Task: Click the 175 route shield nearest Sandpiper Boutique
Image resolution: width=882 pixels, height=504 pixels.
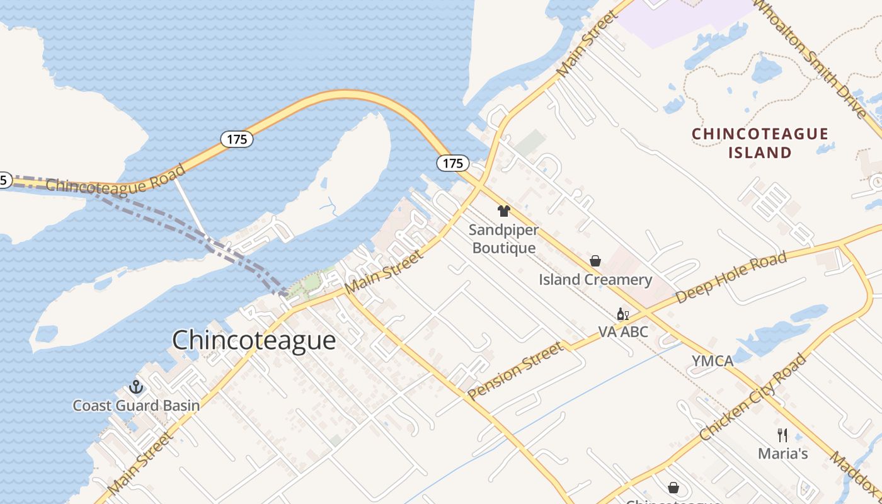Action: coord(452,163)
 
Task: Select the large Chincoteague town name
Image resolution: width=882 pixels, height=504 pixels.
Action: coord(254,340)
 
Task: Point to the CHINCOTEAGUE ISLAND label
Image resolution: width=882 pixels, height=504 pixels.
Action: coord(760,143)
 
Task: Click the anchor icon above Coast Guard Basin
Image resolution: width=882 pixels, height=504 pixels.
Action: coord(136,386)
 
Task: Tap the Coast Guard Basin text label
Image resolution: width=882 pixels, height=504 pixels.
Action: coord(136,406)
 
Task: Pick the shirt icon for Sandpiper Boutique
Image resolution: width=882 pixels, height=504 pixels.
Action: coord(503,211)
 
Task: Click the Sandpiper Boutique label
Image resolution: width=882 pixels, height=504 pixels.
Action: coord(503,239)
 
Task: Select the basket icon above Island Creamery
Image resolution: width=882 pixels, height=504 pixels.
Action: coord(595,261)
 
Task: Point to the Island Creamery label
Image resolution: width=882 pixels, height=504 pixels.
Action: coord(595,280)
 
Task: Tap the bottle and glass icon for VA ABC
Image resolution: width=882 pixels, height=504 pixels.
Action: coord(622,314)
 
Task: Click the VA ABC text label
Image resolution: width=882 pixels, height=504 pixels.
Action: coord(622,331)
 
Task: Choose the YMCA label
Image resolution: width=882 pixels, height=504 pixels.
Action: coord(713,361)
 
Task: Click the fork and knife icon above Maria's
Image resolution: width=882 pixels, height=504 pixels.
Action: coord(782,435)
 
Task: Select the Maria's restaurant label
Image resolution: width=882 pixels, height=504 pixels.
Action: coord(782,454)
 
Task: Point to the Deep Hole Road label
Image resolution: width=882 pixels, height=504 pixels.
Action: coord(731,277)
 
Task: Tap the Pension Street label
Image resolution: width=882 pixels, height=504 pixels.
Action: coord(515,370)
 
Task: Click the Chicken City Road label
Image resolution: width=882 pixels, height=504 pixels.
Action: coord(753,397)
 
